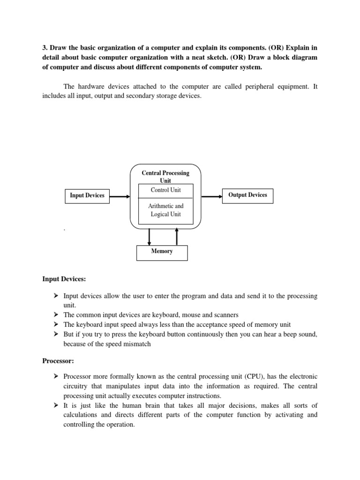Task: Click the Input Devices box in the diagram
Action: coord(87,195)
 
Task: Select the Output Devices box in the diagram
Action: coord(247,195)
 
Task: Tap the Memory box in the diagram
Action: coord(162,252)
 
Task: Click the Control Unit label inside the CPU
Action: coord(165,190)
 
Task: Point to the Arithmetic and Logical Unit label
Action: coord(165,210)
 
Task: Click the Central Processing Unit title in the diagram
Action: coord(165,176)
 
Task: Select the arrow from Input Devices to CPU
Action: coord(120,197)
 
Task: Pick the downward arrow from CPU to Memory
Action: coord(149,237)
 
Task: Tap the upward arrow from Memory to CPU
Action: coord(177,237)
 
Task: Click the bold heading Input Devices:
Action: coord(64,279)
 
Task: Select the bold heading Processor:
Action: coord(59,362)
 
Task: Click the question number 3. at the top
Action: coord(45,48)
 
